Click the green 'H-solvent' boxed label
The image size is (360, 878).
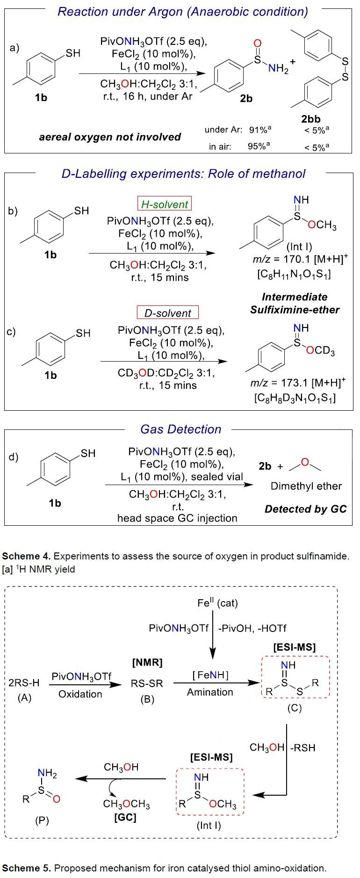click(165, 204)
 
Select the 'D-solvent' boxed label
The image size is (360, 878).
click(167, 313)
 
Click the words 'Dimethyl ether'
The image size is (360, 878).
click(306, 486)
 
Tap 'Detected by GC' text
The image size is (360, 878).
click(306, 509)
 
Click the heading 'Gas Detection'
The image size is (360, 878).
click(181, 429)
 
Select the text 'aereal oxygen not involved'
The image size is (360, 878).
click(110, 137)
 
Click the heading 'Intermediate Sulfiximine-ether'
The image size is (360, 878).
click(295, 303)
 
